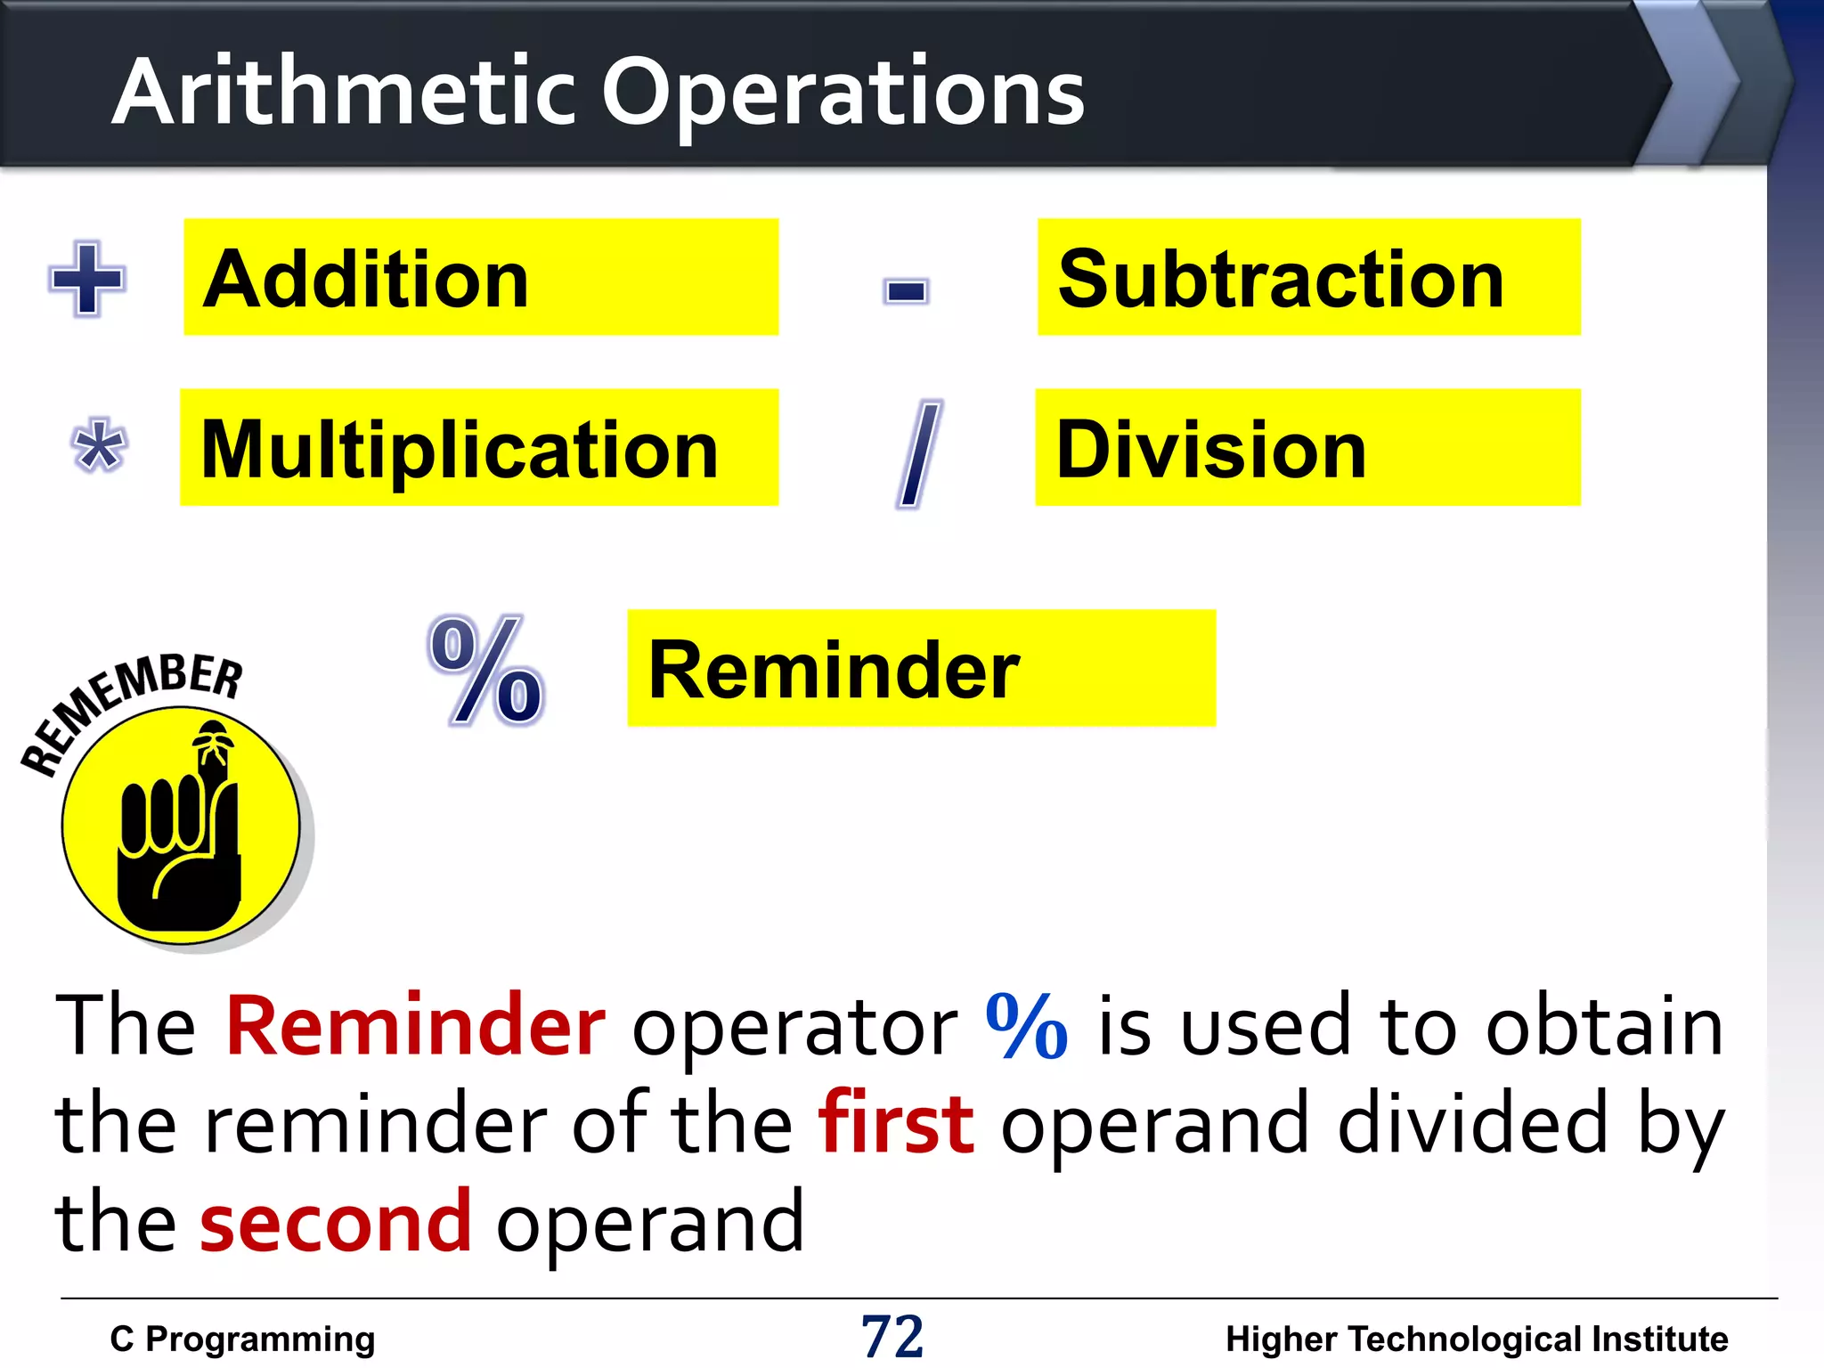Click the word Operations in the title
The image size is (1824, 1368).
[843, 94]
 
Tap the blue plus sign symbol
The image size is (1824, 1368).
[86, 279]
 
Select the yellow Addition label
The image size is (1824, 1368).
[481, 278]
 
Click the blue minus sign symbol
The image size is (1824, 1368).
[906, 290]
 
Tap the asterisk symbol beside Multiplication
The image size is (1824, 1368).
[98, 445]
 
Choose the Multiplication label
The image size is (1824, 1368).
[479, 448]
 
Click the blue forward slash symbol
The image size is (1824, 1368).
[918, 453]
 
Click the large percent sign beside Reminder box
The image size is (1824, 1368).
[486, 672]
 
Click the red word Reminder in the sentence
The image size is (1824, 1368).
[415, 1026]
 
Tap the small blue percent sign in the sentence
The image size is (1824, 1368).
[1026, 1026]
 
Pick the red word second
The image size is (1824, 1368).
[335, 1222]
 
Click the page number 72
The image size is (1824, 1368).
[892, 1336]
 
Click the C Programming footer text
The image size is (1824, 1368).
[242, 1339]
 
